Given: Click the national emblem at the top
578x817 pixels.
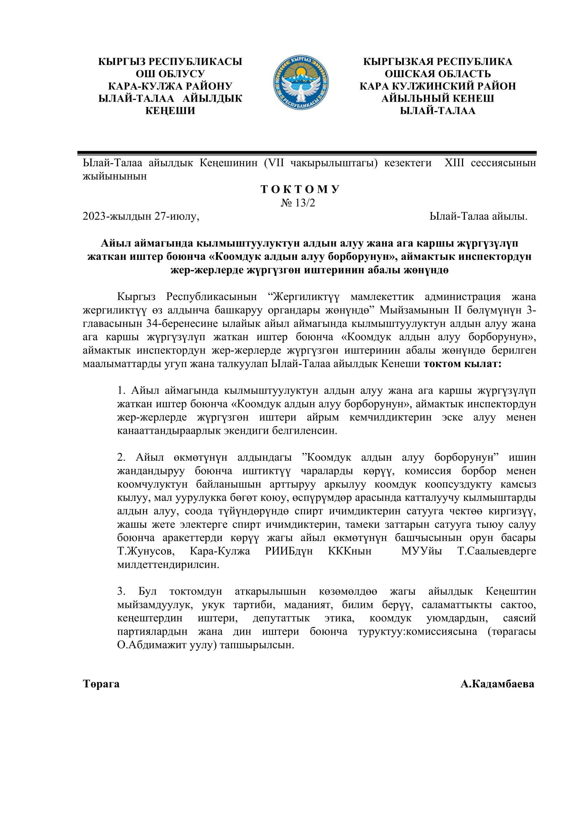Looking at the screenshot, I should (x=301, y=82).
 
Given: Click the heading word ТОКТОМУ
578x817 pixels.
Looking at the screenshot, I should (x=300, y=189).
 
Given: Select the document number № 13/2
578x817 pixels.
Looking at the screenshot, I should (x=298, y=203).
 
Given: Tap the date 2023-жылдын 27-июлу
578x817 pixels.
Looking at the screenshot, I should (x=140, y=216).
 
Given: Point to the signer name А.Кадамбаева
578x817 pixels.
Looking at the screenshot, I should (x=497, y=684).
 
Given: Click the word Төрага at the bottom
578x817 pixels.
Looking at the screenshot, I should (x=101, y=684).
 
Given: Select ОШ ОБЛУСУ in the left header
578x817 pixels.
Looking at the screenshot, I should (x=170, y=74).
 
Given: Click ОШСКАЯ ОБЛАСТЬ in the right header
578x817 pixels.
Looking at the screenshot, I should (x=438, y=74).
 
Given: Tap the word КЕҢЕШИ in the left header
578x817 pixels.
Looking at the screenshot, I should (x=170, y=111).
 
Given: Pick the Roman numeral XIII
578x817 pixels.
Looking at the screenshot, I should (x=454, y=163).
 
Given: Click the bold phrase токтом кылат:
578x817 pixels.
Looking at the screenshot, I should (x=462, y=364).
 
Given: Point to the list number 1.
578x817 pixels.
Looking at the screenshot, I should (x=121, y=391).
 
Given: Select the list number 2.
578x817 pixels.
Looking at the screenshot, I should (x=121, y=457).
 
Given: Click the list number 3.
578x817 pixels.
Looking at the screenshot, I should (x=121, y=591).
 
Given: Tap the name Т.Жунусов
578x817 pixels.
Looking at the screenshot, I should (x=146, y=551).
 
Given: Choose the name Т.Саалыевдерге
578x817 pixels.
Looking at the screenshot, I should (x=497, y=551).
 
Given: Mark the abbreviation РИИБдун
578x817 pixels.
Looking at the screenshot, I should (x=289, y=551).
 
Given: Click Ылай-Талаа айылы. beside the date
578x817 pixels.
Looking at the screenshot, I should (x=478, y=216).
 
